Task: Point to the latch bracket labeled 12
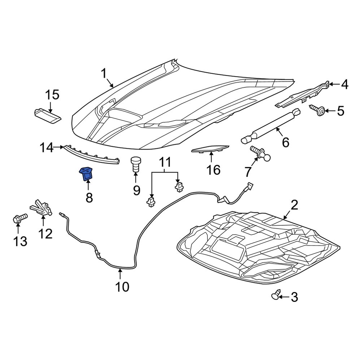pos(42,209)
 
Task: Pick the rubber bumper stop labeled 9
pos(136,165)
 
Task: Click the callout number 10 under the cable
pos(122,287)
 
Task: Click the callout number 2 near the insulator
pos(295,206)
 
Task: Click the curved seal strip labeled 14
pos(92,156)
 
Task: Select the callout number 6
pos(285,143)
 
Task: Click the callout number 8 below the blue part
pos(88,197)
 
